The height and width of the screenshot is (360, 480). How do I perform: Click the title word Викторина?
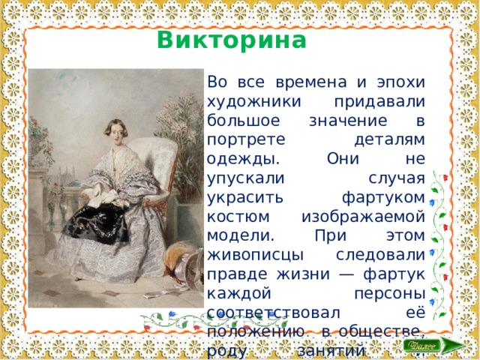click(x=232, y=39)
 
